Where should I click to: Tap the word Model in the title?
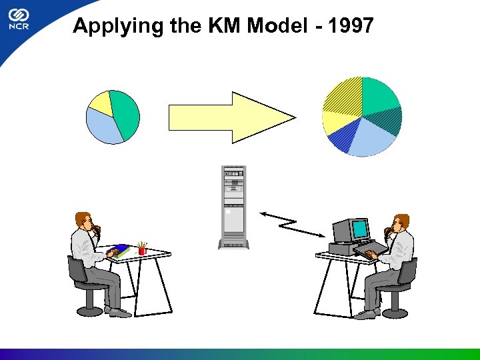tap(277, 26)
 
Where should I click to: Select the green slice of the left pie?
tap(125, 113)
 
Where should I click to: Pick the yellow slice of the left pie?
tap(101, 102)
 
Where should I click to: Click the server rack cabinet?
tap(235, 207)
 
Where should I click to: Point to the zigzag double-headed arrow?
tap(293, 223)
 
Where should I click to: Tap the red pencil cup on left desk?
tap(142, 249)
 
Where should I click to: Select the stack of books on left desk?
tap(120, 251)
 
